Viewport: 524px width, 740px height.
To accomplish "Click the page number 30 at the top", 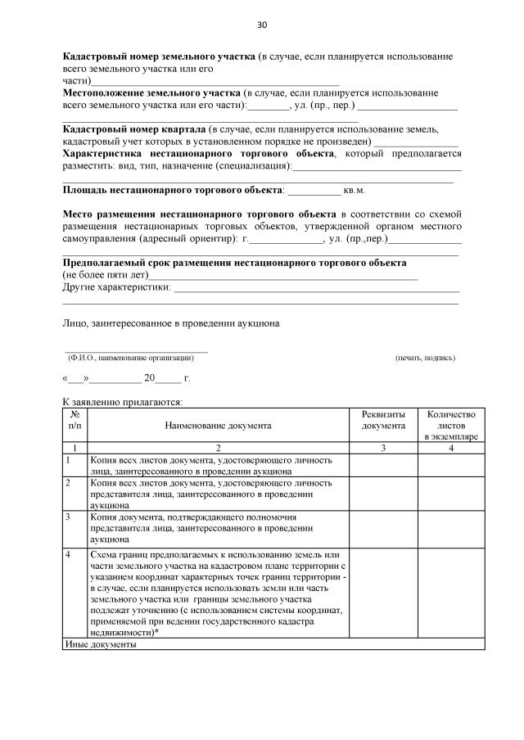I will pos(262,25).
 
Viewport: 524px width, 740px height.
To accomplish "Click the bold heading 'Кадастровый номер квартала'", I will pos(134,129).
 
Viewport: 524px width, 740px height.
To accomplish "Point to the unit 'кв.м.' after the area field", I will pos(354,190).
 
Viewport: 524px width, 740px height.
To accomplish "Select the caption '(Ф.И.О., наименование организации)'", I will pos(130,358).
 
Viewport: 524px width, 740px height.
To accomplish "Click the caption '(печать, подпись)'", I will pos(425,358).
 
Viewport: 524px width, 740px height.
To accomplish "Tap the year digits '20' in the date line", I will pos(149,379).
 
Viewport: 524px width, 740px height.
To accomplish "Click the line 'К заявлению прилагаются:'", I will pos(122,402).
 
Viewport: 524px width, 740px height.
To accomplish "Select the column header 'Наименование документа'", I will pos(218,426).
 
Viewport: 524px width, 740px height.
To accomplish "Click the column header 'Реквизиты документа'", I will pos(383,420).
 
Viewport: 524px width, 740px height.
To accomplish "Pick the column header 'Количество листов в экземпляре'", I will pos(451,426).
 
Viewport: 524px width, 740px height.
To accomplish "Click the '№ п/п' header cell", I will pos(75,420).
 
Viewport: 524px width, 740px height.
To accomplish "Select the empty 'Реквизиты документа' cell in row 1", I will pos(383,466).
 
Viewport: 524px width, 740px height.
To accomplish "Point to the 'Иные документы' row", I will pos(101,644).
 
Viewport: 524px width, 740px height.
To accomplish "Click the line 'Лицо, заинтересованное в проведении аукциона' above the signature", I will pos(171,323).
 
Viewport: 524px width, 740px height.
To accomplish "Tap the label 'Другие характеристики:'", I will pos(117,287).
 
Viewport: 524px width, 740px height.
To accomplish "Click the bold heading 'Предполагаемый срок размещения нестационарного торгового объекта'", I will pos(235,263).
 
